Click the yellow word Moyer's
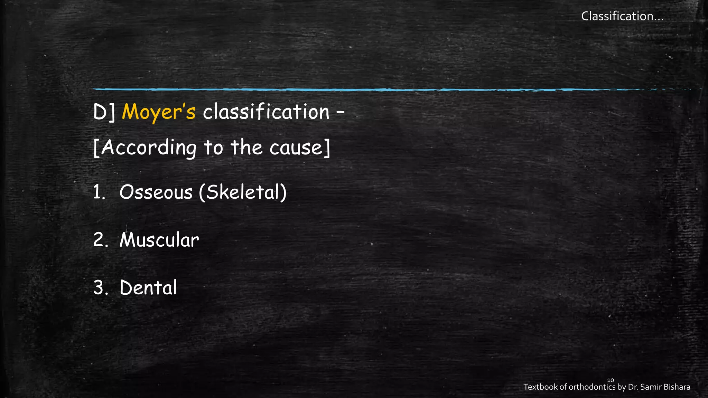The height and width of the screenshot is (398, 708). (159, 112)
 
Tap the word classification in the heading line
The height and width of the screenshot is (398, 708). (266, 112)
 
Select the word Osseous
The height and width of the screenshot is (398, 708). (156, 192)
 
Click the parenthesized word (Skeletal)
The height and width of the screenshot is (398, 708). (243, 192)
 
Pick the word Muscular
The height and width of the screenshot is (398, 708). (159, 240)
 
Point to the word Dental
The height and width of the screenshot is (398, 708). (148, 287)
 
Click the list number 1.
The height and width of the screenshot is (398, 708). (99, 192)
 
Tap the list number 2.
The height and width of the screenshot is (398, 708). (100, 240)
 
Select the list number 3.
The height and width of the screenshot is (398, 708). (100, 287)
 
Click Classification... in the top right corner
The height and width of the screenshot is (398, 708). (622, 16)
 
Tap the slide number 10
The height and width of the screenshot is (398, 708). (611, 380)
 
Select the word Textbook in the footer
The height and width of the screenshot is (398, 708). (540, 387)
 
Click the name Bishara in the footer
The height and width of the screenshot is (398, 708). (677, 387)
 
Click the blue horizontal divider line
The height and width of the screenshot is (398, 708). (346, 90)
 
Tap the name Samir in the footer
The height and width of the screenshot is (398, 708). (650, 387)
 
